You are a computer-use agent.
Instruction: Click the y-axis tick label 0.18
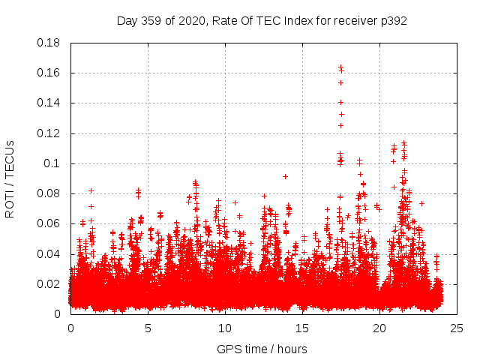click(x=49, y=43)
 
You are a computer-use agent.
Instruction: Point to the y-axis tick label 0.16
click(x=49, y=73)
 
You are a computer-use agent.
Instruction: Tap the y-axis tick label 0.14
click(x=49, y=103)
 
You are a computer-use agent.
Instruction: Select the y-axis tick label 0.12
click(x=49, y=133)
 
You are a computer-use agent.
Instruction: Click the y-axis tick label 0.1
click(x=52, y=163)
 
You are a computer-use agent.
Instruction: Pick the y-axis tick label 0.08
click(x=49, y=193)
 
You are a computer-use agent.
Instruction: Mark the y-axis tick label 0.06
click(x=49, y=223)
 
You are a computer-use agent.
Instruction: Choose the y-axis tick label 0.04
click(x=49, y=253)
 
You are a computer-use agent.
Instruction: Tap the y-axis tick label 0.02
click(x=49, y=284)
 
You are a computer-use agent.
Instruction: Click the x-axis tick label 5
click(x=148, y=328)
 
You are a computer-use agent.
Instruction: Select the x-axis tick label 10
click(x=225, y=328)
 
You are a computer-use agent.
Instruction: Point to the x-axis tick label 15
click(x=302, y=328)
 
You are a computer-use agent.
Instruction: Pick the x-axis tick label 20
click(x=379, y=328)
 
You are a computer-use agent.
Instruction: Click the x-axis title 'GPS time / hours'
click(x=262, y=349)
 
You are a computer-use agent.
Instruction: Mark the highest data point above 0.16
click(x=340, y=67)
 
